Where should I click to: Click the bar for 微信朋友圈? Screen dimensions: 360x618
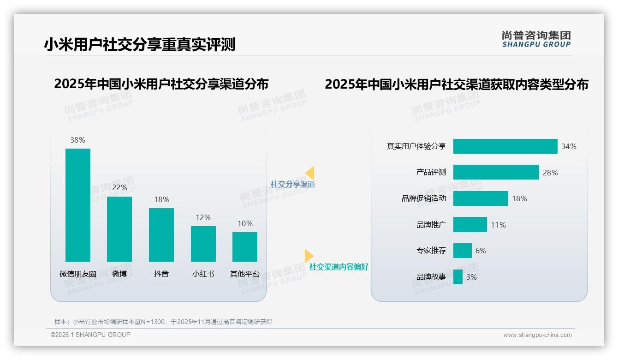tap(78, 205)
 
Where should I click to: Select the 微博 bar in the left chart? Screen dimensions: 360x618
tap(119, 229)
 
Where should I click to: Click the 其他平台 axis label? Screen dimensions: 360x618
tap(245, 274)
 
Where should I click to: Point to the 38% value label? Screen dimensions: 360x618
tap(78, 140)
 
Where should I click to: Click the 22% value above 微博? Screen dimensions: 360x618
tap(119, 188)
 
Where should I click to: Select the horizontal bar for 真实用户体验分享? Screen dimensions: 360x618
tap(505, 146)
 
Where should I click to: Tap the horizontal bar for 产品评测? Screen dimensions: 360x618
tap(496, 172)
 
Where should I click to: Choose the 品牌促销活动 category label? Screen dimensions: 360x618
tap(424, 198)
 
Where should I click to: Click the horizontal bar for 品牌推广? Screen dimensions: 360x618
tap(470, 225)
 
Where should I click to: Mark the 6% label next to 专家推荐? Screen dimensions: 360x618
tap(481, 251)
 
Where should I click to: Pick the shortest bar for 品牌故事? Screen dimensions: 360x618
tap(458, 277)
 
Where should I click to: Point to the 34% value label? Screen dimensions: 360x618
tap(569, 146)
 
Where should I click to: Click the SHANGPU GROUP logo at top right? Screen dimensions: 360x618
tap(536, 39)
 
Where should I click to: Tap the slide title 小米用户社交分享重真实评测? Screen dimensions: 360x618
tap(140, 44)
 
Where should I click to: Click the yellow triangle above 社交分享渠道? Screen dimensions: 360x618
tap(310, 173)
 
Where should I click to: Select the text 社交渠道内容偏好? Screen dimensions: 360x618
tap(339, 267)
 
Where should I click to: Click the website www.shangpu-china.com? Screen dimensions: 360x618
tap(537, 335)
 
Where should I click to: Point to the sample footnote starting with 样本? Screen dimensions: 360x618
tap(163, 322)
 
